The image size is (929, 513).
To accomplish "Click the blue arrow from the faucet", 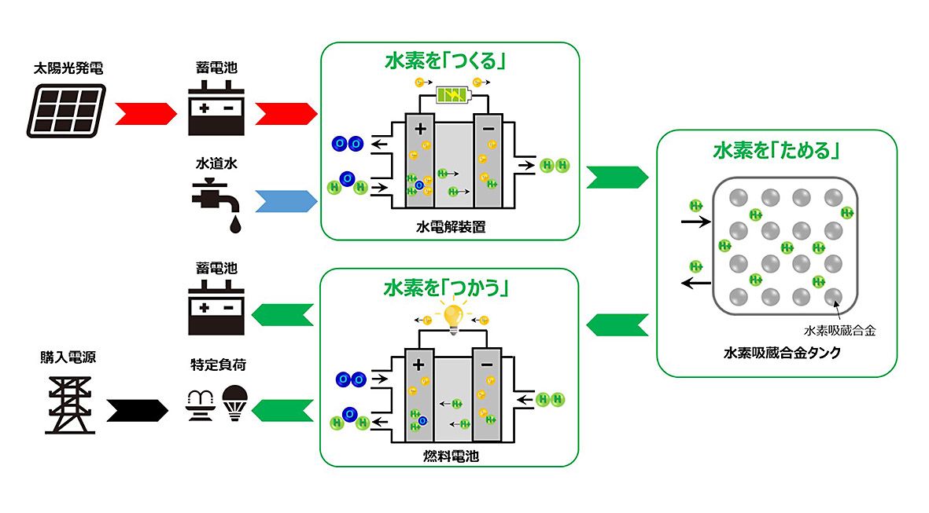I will [286, 202].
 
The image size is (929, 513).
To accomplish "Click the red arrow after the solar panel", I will [145, 113].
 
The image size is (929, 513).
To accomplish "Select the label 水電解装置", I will [451, 228].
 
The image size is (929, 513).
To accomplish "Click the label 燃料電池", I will [451, 455].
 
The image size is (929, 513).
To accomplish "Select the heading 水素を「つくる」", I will [444, 61].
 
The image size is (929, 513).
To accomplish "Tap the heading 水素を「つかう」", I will [444, 288].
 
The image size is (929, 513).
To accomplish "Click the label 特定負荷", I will [214, 365].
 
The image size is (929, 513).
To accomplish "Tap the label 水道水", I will [216, 166].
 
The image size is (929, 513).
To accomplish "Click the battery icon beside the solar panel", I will [215, 112].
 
